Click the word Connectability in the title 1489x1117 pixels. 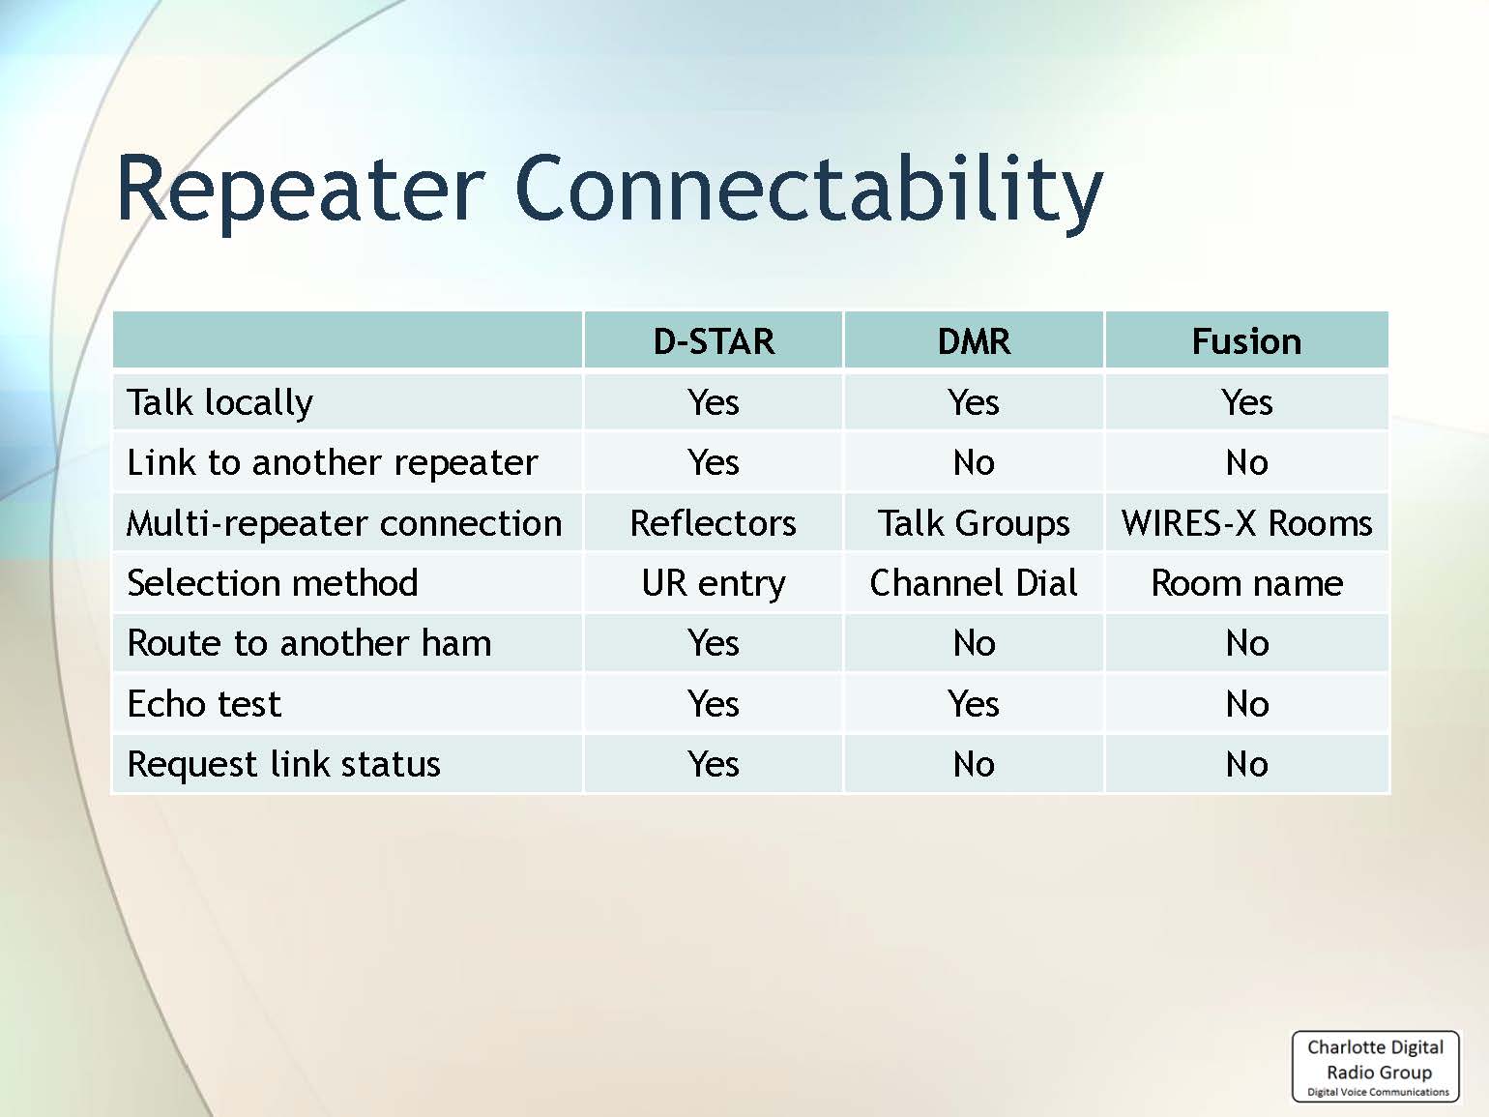[808, 189]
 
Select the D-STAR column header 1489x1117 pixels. [714, 341]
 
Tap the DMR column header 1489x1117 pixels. [974, 341]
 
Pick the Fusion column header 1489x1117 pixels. [1247, 341]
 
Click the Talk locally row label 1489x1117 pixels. [219, 403]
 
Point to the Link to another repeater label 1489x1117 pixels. [333, 463]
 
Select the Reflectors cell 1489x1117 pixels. [713, 523]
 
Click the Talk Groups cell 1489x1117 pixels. [974, 524]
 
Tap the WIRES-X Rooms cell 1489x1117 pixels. [1247, 523]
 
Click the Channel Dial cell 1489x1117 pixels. [974, 583]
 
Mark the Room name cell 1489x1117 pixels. [1247, 583]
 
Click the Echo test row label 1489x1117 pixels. [203, 704]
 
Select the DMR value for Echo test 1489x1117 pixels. [974, 704]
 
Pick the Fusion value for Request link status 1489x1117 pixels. [1247, 764]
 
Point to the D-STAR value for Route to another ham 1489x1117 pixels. [713, 643]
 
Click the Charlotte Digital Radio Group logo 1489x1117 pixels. [1376, 1066]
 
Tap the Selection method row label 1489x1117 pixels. [272, 583]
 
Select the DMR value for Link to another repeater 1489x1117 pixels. [974, 463]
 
